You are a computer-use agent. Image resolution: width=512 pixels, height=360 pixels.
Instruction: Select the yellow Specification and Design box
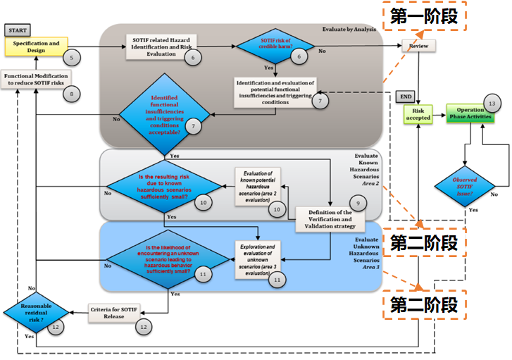[x=35, y=47]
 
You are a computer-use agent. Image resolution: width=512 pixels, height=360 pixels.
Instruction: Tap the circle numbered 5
[x=70, y=56]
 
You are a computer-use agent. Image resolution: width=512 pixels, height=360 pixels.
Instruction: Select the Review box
[x=420, y=46]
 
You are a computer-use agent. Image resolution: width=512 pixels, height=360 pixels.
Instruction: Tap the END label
[x=406, y=96]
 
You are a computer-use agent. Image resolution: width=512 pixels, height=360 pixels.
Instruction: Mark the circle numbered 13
[x=492, y=104]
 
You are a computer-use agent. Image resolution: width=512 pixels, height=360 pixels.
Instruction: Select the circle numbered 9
[x=358, y=204]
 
